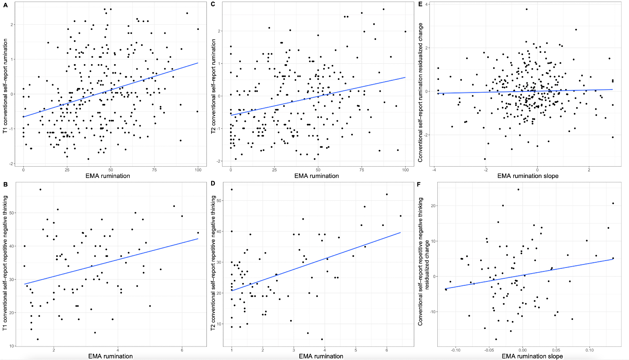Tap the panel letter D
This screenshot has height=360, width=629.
pos(213,183)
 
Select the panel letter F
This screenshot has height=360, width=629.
pos(419,184)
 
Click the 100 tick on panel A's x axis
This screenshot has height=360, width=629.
pos(198,170)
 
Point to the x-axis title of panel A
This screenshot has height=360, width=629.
pos(108,176)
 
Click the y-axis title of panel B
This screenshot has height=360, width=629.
pos(5,263)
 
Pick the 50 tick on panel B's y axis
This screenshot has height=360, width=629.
pos(12,213)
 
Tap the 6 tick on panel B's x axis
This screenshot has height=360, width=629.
pos(182,350)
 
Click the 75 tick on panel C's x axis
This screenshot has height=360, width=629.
pos(362,170)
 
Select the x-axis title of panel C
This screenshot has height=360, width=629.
pos(317,176)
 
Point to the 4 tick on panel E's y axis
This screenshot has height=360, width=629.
pos(426,4)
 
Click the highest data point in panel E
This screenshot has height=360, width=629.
pos(527,9)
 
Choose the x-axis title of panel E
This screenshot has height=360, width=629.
pos(528,176)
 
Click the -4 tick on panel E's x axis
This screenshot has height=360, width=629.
pos(434,170)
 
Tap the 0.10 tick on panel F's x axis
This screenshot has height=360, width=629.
pos(589,350)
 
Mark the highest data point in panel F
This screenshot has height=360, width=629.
pos(518,190)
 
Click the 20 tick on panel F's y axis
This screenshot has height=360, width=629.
pos(433,206)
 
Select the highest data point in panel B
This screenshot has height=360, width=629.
pos(40,190)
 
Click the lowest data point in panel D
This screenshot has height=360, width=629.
pos(322,339)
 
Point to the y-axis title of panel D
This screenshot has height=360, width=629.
pos(213,263)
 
